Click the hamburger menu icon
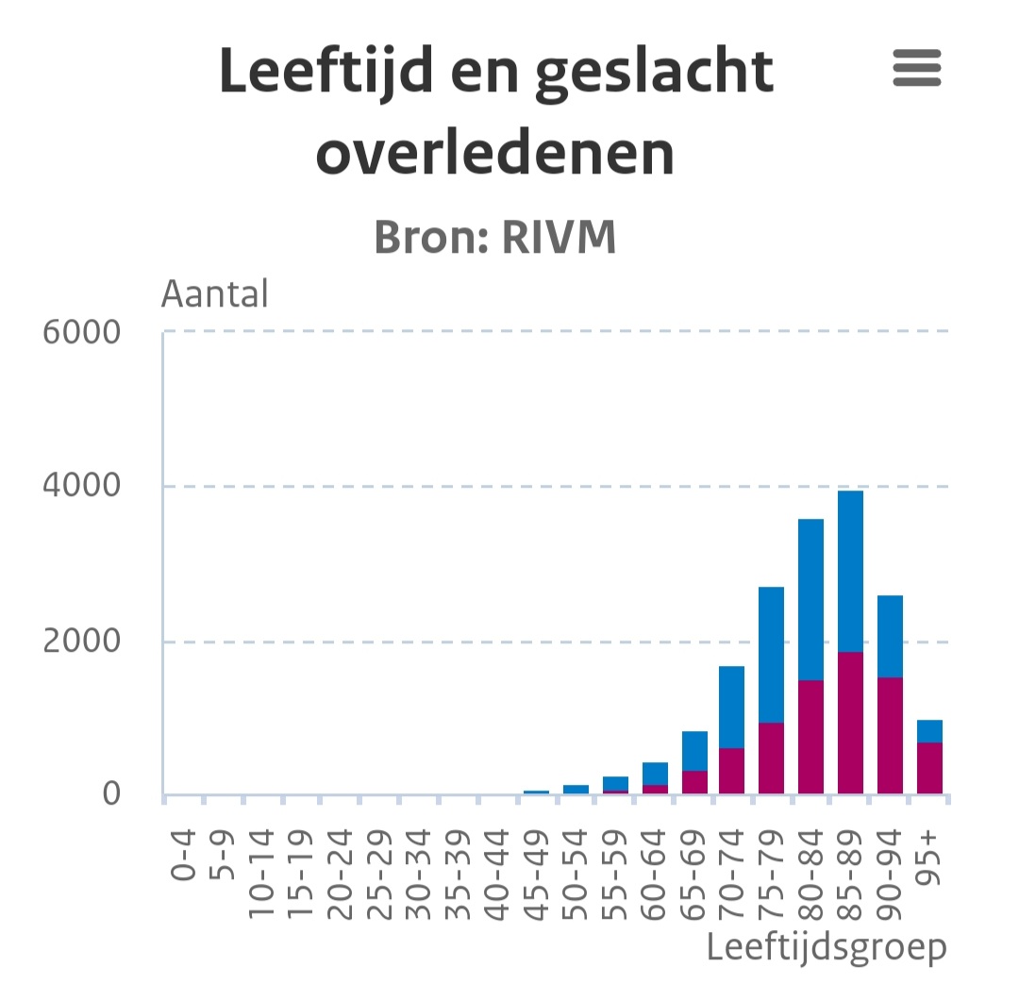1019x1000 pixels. click(916, 69)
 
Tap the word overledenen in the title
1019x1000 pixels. click(495, 153)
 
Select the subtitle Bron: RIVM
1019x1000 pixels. click(495, 239)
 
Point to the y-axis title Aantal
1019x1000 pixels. click(215, 294)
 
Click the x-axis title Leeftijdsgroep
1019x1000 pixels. click(827, 947)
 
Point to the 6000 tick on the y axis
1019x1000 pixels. click(82, 332)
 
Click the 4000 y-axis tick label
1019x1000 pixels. click(82, 487)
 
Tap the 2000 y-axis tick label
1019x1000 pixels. click(82, 642)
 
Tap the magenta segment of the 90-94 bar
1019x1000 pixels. click(890, 736)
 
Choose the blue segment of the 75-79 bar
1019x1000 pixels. click(771, 655)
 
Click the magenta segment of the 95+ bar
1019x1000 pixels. click(929, 768)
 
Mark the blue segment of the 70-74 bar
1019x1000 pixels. click(731, 707)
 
